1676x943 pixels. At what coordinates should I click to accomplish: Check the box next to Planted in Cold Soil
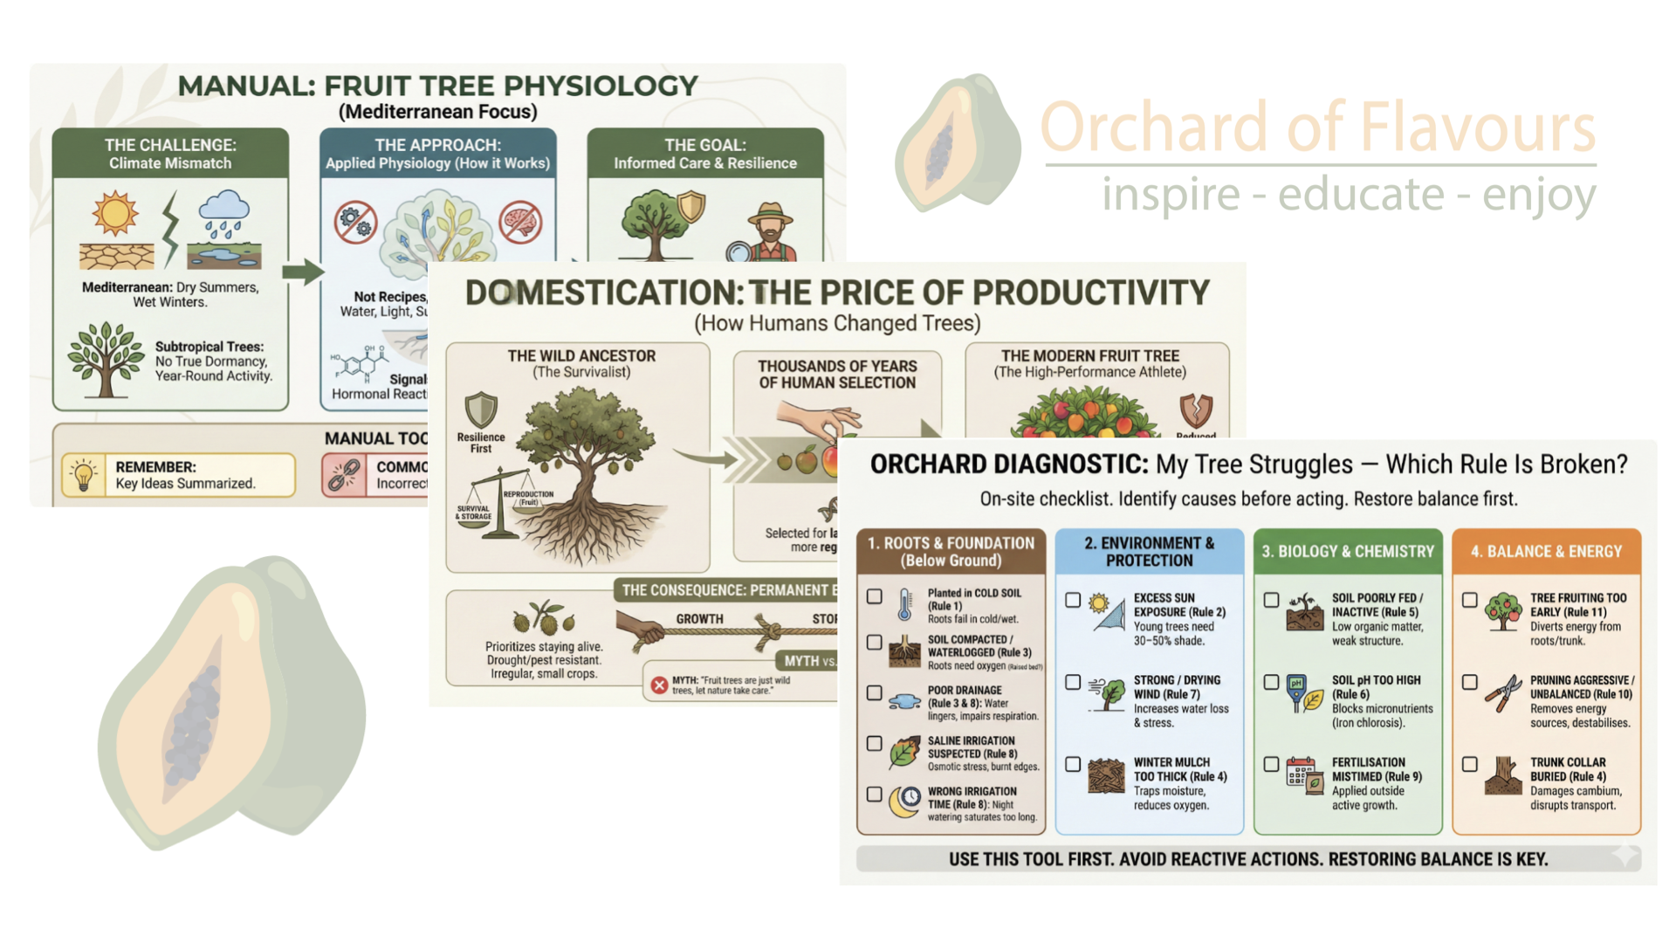tap(874, 596)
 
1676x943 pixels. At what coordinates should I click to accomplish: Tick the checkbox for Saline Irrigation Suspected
tap(874, 743)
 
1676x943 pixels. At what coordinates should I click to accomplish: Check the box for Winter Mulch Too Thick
tap(1073, 764)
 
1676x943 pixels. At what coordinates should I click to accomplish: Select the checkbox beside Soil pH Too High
tap(1271, 682)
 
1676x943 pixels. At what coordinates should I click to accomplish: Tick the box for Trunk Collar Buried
tap(1470, 764)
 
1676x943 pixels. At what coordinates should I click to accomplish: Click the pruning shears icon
tap(1503, 694)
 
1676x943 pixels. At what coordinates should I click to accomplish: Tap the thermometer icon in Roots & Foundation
tap(905, 604)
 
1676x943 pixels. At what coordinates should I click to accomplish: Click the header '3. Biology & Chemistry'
tap(1348, 551)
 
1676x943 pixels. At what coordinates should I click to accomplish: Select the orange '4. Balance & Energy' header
tap(1546, 551)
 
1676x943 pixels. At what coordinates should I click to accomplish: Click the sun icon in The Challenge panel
tap(115, 213)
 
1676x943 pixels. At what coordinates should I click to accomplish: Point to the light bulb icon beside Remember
tap(84, 476)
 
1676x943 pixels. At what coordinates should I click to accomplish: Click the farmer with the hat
tap(770, 231)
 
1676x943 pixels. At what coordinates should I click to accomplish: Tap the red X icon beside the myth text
tap(659, 685)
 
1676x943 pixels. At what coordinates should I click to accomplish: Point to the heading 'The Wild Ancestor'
tap(581, 356)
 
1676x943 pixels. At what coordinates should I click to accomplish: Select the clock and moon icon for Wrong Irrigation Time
tap(905, 802)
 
